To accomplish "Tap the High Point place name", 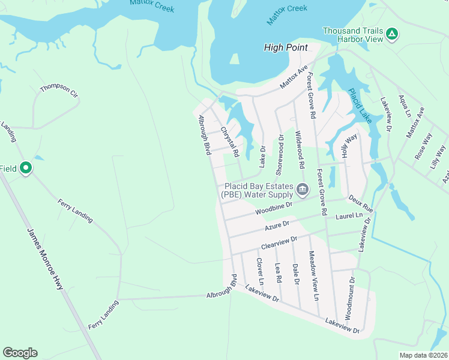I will [286, 47].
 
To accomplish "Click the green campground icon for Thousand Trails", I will [391, 33].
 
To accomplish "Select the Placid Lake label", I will [360, 106].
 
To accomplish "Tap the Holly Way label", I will [349, 145].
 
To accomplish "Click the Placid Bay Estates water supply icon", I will [302, 190].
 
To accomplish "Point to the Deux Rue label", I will [360, 203].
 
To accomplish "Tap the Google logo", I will [20, 353].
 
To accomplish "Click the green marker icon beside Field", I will [25, 168].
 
